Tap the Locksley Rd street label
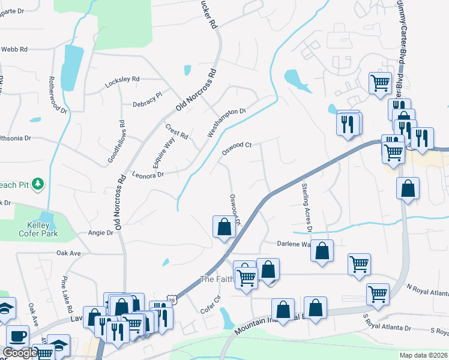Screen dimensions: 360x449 coord(122,79)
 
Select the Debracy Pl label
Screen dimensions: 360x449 coord(148,99)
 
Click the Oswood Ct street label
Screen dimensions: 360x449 coord(237,148)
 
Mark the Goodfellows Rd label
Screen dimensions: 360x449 coord(116,145)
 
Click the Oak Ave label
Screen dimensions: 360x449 coord(68,253)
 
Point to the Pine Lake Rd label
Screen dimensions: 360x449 coord(67,295)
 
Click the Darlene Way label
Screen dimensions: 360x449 coord(294,244)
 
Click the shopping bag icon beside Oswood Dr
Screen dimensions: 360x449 coord(224,227)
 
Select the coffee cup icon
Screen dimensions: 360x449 coord(17,335)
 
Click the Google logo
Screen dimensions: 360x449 coord(19,353)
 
